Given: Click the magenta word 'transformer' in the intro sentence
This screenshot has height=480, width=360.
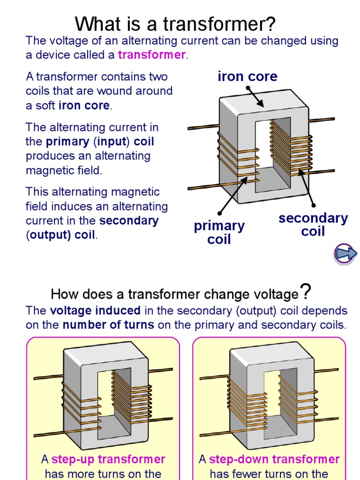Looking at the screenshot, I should (x=152, y=55).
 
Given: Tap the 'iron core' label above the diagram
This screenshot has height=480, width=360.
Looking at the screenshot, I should (x=247, y=77).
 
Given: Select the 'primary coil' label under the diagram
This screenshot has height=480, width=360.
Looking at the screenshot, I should (x=219, y=232).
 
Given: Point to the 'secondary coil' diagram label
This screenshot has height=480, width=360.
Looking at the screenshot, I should (x=313, y=225).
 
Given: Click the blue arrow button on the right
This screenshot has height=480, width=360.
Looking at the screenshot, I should (x=345, y=254).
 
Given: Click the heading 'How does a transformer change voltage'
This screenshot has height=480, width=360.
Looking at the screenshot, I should (x=174, y=294).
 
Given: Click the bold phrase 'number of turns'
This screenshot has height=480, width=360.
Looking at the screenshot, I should (x=108, y=325).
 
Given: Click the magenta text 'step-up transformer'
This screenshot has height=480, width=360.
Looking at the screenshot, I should (x=108, y=459).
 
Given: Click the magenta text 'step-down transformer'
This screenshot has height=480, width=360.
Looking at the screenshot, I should (x=274, y=459).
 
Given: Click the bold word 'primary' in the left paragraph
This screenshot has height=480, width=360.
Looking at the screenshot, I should (x=67, y=142).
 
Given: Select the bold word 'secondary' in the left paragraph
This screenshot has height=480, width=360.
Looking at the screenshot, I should (x=129, y=221).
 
